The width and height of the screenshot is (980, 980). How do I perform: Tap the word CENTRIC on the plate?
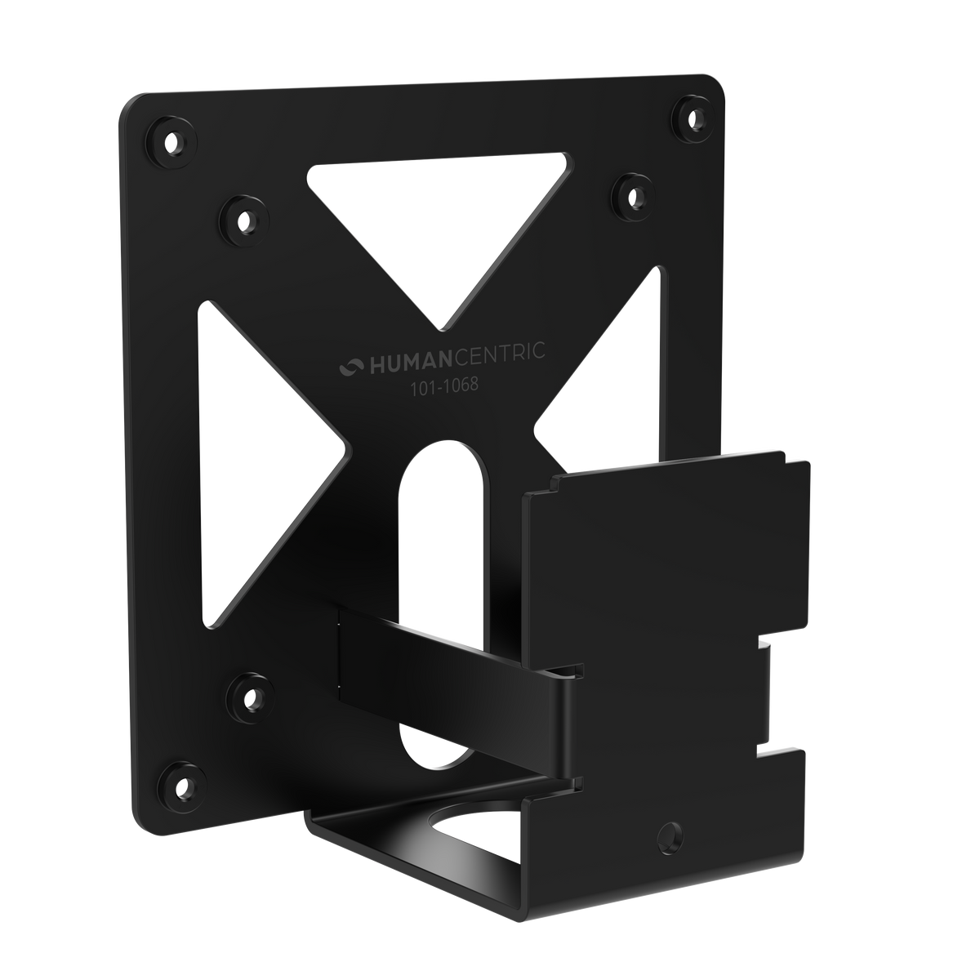coord(500,354)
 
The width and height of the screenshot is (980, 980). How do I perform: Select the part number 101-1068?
coord(444,386)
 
